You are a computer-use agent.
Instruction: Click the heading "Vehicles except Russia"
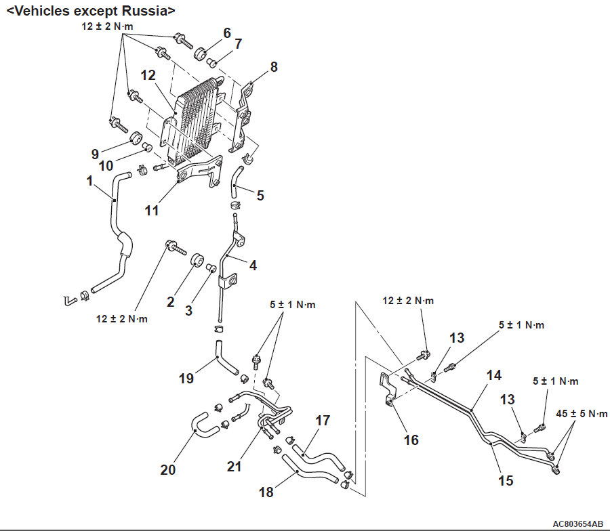(x=91, y=10)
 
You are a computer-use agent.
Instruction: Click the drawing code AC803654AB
(x=577, y=524)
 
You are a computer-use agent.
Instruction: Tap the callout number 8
(x=273, y=66)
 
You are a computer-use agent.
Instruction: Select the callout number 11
(x=151, y=210)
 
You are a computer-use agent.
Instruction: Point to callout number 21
(x=235, y=467)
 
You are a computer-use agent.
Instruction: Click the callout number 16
(x=411, y=440)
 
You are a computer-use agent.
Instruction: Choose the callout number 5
(x=260, y=195)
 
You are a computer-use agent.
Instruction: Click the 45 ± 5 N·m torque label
(x=582, y=413)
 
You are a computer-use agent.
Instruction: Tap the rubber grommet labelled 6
(x=201, y=54)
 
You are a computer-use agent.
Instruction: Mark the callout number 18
(x=266, y=492)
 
